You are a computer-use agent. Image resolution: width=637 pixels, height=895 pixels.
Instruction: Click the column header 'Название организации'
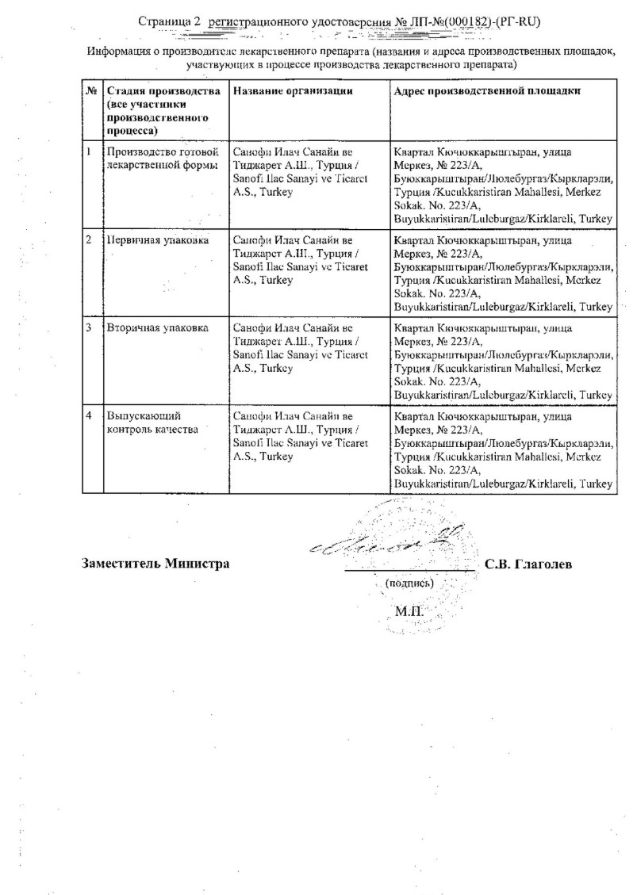(293, 91)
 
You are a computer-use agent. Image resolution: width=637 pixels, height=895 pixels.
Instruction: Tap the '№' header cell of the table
(91, 91)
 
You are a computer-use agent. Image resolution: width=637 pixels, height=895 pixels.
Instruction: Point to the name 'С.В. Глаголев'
(533, 564)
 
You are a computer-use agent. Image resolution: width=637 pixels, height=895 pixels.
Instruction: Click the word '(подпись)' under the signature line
(409, 583)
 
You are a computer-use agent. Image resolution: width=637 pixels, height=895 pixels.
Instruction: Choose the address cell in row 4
(503, 449)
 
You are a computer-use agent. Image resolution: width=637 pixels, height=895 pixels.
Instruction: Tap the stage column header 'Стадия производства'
(163, 91)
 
